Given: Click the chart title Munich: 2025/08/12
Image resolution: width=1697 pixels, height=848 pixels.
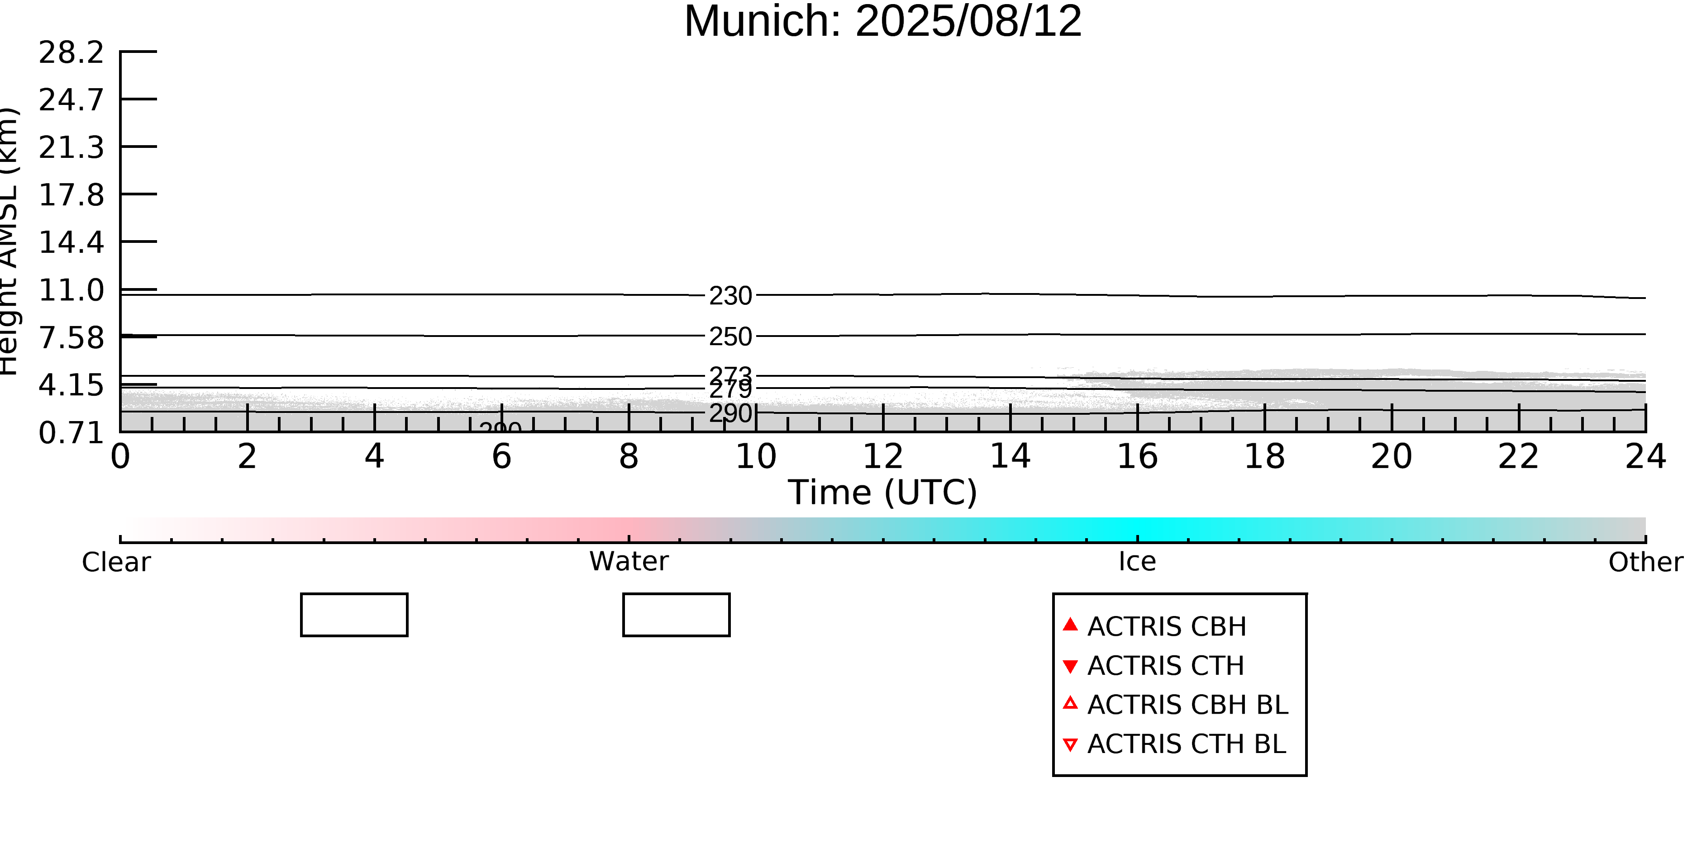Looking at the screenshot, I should (883, 21).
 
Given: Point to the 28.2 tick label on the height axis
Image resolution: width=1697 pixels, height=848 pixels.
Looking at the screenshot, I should (71, 52).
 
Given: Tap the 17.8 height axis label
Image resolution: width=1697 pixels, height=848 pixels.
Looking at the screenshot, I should (71, 195).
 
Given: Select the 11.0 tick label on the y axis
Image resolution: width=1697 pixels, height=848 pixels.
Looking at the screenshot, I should (71, 291).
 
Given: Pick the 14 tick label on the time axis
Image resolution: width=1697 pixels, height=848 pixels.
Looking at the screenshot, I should (1010, 457).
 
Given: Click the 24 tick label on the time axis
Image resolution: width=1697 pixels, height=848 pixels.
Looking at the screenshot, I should (1645, 457).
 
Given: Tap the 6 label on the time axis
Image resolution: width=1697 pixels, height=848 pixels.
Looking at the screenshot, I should (501, 457).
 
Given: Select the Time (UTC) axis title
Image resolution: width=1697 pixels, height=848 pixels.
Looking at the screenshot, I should (883, 493).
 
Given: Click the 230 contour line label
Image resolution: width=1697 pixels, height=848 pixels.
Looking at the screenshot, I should (730, 296).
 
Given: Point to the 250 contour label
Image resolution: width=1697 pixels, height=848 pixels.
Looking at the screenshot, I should (730, 337).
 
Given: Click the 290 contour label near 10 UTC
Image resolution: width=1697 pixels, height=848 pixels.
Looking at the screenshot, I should (730, 413).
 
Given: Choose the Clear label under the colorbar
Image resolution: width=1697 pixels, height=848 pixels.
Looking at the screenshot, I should (116, 562).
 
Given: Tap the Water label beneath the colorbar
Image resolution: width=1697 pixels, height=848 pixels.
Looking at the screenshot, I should (629, 562).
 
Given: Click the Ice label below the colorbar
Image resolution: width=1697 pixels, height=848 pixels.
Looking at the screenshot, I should (1137, 562).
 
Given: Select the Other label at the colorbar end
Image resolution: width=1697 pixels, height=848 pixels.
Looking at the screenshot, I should (1645, 562).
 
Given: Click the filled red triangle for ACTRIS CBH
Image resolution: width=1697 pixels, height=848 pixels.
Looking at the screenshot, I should (1071, 624).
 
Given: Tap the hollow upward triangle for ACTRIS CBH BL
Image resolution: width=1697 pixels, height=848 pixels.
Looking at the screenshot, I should (1071, 703).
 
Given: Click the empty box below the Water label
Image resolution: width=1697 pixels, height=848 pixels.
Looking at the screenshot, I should (676, 615).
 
